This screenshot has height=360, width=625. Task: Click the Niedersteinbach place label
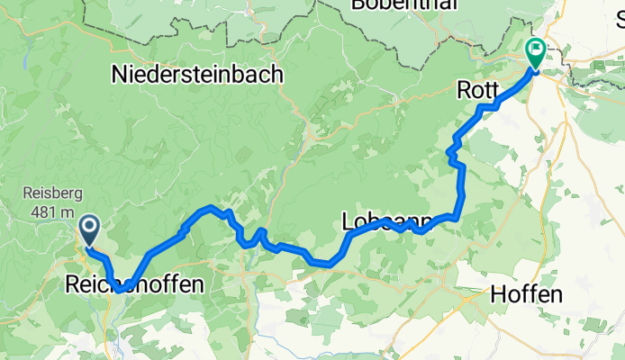click(x=197, y=76)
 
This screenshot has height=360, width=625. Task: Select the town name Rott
click(x=476, y=90)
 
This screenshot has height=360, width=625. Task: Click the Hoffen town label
click(x=527, y=293)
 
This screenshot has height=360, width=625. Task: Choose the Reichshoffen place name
click(x=133, y=285)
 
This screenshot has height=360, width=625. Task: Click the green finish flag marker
click(x=534, y=53)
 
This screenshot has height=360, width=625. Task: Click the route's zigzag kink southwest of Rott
click(x=452, y=156)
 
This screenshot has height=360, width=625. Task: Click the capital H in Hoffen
click(x=498, y=293)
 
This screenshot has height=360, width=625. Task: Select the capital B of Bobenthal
click(x=359, y=4)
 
